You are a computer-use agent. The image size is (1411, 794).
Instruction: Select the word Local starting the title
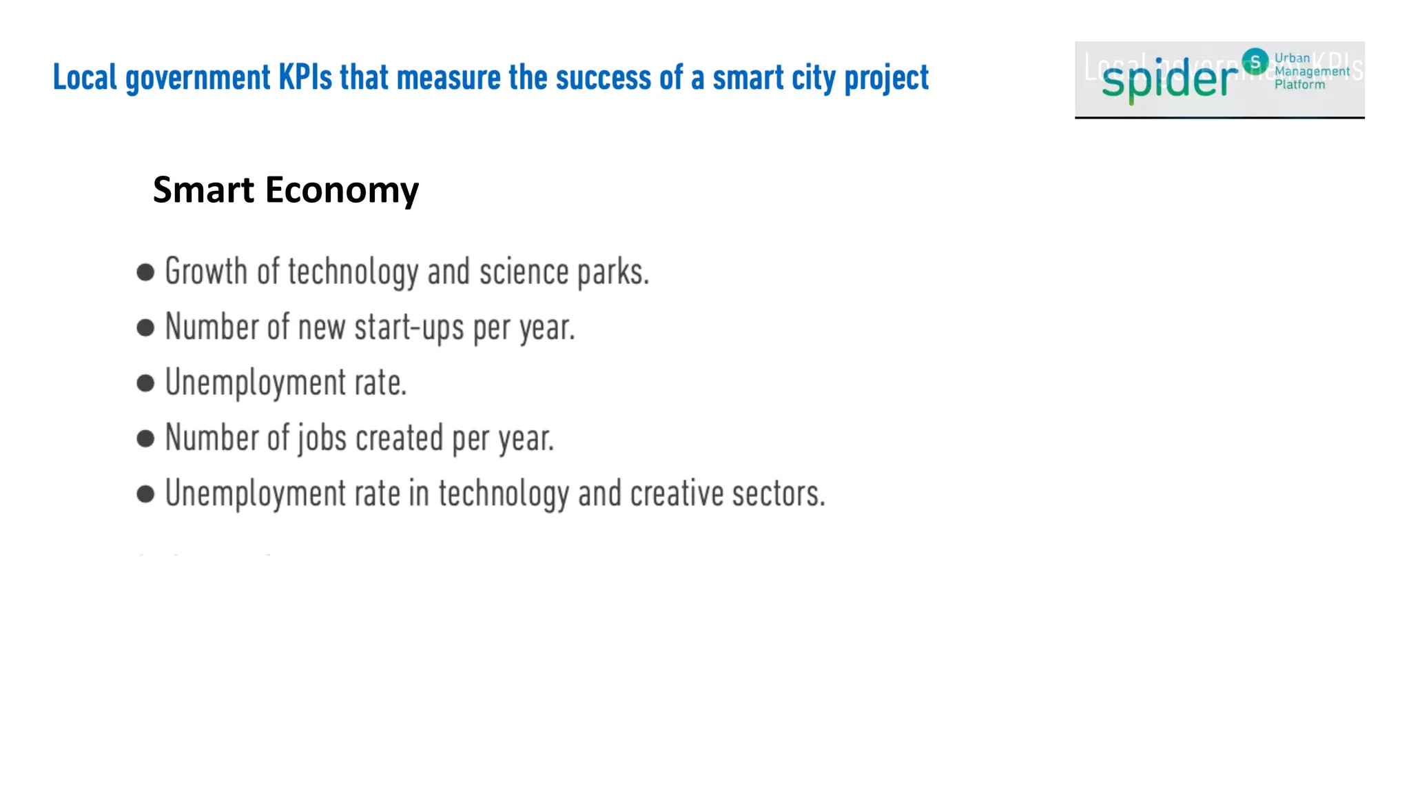(85, 77)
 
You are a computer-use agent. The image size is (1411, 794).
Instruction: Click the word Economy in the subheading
(342, 190)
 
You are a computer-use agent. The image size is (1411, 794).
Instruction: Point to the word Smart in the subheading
(203, 190)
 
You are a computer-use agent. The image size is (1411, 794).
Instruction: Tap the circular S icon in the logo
(1255, 61)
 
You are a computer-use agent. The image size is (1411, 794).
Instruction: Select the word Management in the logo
(1312, 72)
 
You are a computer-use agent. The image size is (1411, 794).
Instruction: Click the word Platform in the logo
(1299, 85)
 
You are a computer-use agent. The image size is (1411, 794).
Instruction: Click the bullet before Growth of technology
(145, 272)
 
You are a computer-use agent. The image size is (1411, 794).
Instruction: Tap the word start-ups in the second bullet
(409, 328)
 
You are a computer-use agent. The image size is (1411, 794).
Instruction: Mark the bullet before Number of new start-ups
(145, 327)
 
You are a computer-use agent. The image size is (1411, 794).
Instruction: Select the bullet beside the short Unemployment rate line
(145, 383)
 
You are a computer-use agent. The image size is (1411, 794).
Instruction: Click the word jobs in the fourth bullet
(322, 439)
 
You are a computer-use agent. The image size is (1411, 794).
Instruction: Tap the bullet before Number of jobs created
(145, 438)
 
